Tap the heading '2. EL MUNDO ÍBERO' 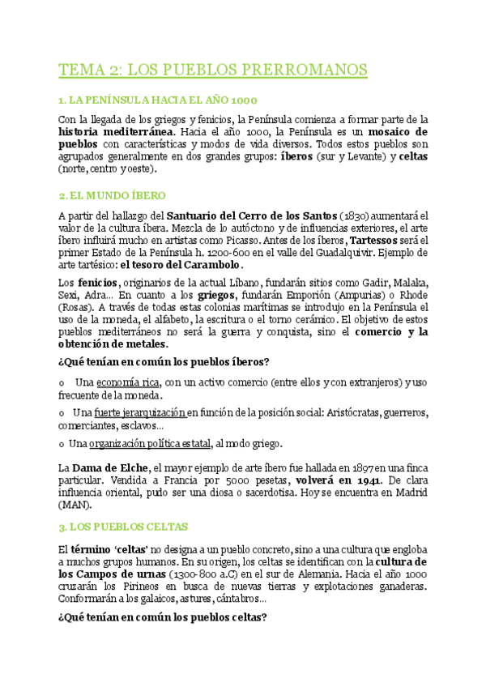(x=113, y=195)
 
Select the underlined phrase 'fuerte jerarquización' (x=139, y=412)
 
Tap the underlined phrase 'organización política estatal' (x=151, y=443)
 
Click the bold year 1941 (x=339, y=480)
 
